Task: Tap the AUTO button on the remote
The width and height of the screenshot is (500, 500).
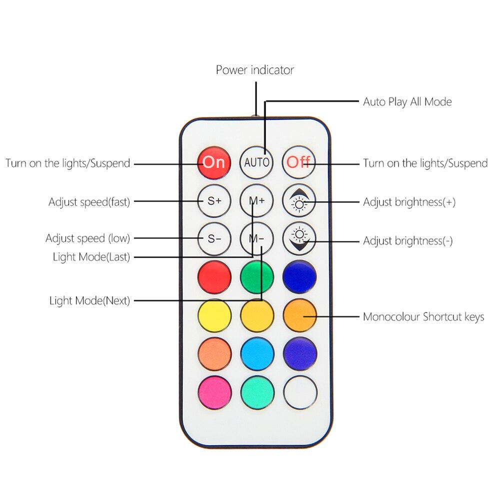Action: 256,162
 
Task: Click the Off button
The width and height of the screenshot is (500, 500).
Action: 299,162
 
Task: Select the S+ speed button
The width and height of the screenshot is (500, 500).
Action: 214,201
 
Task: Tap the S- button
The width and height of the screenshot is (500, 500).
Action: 214,238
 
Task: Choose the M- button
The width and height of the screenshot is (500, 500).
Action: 256,238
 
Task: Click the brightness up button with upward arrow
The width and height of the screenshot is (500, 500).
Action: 299,201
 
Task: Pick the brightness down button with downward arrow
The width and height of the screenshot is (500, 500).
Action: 299,238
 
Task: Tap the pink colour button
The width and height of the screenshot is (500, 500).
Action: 214,392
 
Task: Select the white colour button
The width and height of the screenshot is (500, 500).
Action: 300,392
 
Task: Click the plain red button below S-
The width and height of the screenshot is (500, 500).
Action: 214,277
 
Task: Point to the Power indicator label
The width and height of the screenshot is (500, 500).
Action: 254,70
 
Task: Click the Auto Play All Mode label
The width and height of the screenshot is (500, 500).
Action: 407,102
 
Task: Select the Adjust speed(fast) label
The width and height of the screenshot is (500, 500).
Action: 89,202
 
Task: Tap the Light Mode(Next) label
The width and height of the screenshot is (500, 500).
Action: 89,301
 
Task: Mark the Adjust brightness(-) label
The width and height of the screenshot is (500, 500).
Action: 407,241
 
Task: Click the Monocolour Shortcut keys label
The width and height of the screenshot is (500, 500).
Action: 423,317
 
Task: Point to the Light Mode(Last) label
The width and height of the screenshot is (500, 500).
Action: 91,257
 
